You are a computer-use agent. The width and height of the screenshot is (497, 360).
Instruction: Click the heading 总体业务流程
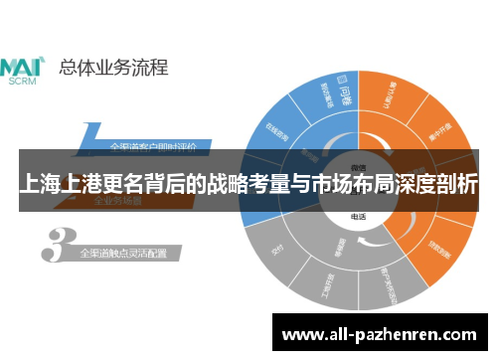click(113, 68)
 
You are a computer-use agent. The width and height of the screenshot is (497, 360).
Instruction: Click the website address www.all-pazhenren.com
click(382, 333)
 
